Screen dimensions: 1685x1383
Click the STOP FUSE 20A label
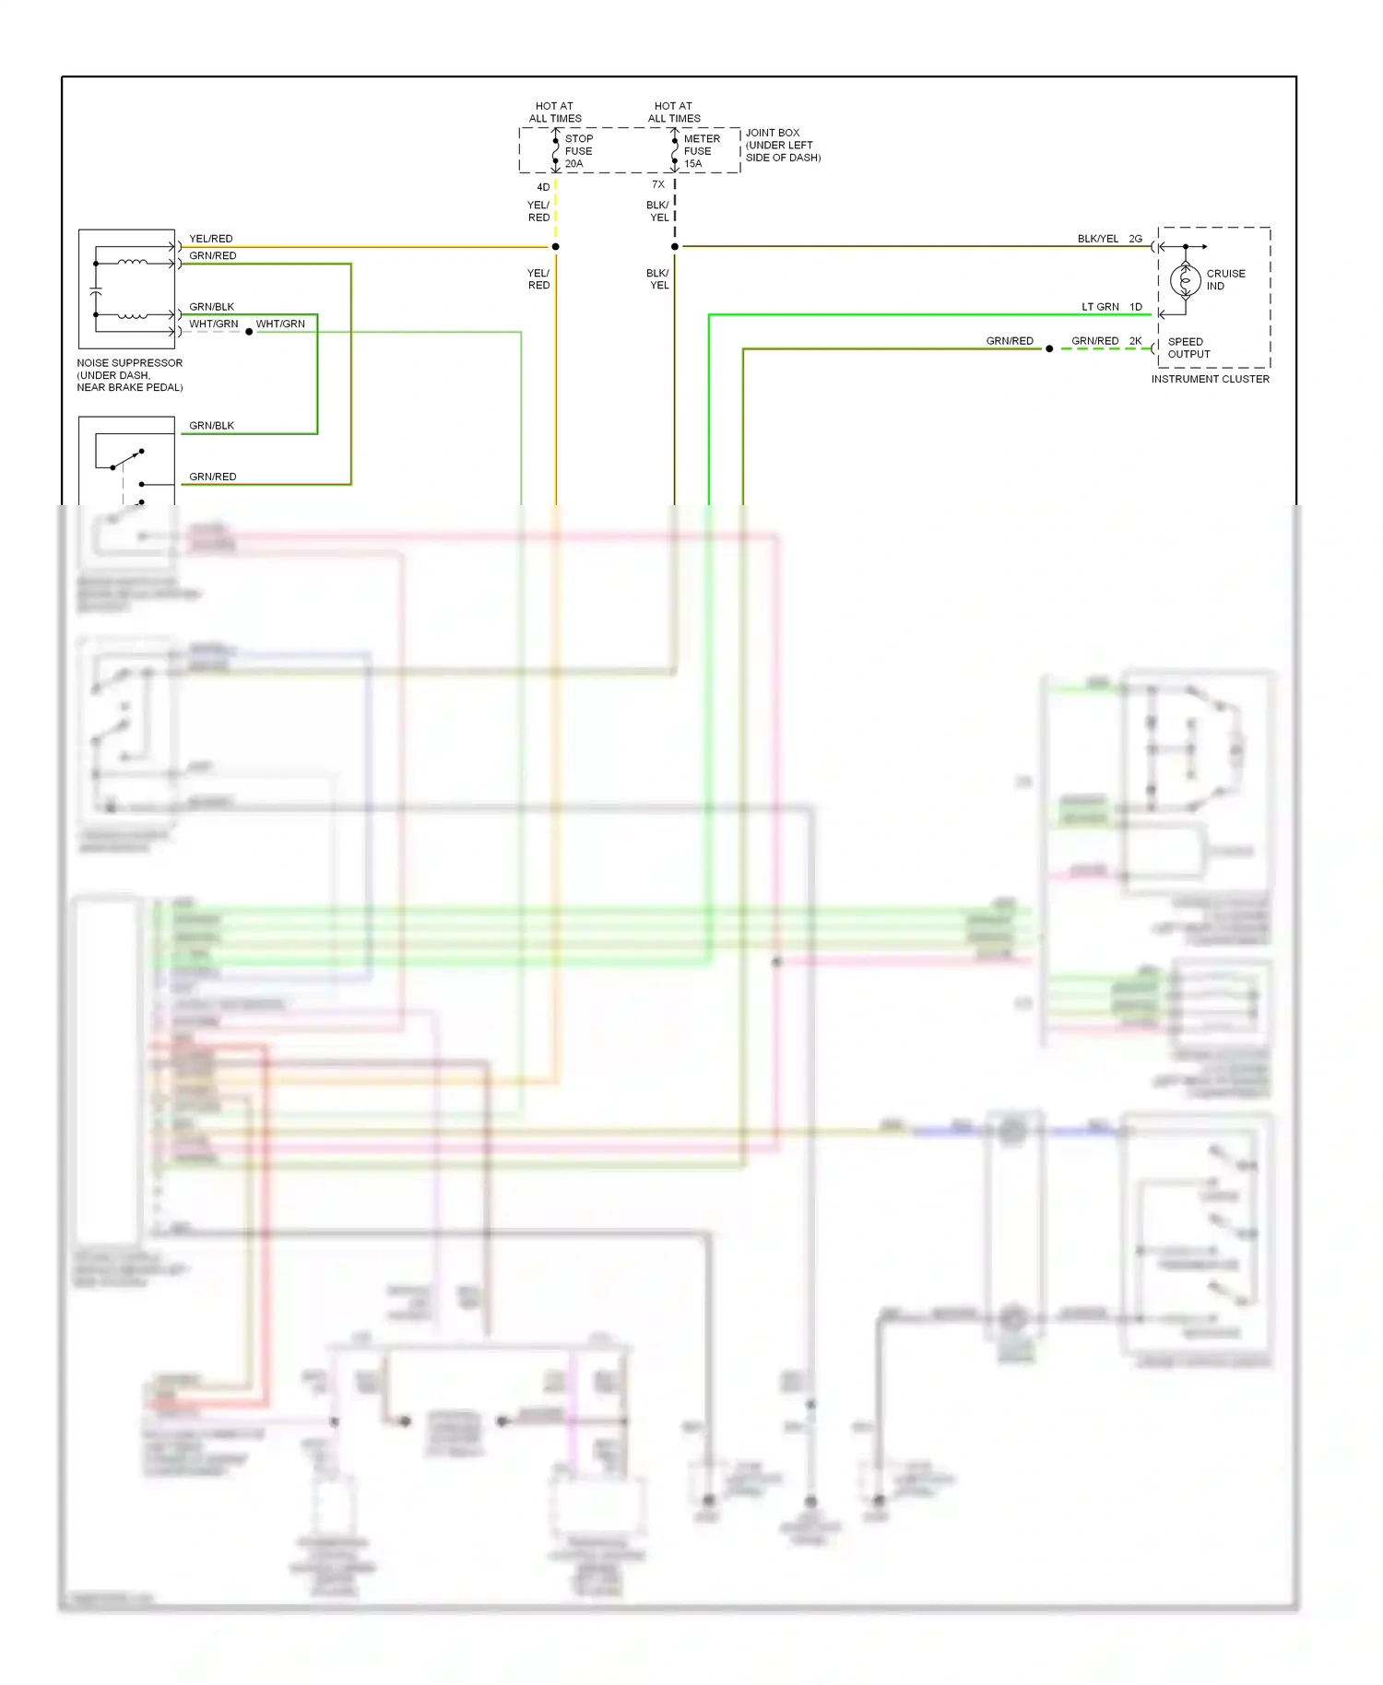(578, 151)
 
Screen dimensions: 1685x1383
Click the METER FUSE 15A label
(701, 151)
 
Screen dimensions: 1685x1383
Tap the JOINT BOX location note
(782, 146)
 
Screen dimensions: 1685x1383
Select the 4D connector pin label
(543, 187)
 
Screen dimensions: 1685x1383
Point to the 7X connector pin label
(658, 184)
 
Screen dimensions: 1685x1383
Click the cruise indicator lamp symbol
(1185, 280)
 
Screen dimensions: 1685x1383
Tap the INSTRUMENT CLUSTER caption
(1210, 379)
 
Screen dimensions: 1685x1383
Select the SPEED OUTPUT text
(1188, 348)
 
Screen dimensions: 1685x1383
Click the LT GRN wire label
(1100, 307)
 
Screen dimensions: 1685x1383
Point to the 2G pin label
(1135, 239)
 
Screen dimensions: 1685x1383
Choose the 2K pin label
(1135, 341)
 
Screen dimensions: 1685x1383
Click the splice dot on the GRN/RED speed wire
(1049, 348)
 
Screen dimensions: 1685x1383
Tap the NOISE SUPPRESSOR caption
(130, 374)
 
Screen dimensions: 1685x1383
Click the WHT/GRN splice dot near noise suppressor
(249, 332)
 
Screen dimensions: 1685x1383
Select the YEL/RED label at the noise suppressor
(211, 239)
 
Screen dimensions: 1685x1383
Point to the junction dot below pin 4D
(555, 247)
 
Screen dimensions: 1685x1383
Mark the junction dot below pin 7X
(675, 247)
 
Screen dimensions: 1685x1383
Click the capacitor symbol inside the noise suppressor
(96, 290)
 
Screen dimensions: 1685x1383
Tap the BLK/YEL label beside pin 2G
(1097, 239)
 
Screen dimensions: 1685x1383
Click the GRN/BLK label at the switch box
(211, 426)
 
